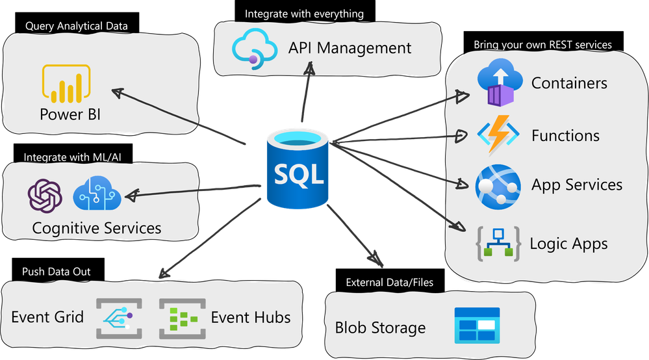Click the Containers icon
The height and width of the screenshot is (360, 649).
coord(500,82)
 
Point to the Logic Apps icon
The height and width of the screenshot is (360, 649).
coord(499,244)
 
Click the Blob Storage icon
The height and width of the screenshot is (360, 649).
coord(477,326)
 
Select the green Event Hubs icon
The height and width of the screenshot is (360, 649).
coord(182,318)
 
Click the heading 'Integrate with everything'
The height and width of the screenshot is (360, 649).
coord(304,14)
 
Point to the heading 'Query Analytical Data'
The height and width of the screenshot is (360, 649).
coord(77,26)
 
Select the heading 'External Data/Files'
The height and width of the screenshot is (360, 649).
coord(389,283)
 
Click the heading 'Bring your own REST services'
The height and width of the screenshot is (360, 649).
coord(542,45)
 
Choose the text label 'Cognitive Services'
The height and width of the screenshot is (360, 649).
coord(97,228)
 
